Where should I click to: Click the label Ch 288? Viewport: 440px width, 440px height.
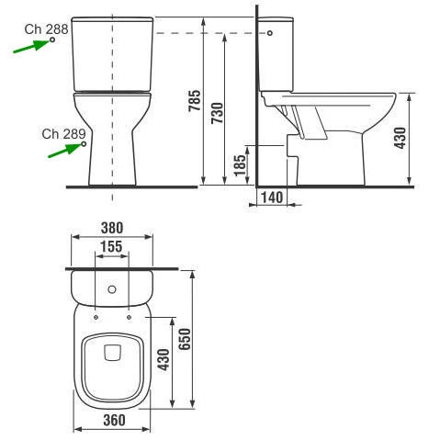pos(46,30)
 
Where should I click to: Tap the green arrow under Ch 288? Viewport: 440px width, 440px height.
pos(33,47)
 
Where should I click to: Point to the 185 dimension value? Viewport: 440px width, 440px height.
pos(239,166)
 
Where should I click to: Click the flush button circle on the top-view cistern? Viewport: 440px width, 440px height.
pos(112,290)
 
